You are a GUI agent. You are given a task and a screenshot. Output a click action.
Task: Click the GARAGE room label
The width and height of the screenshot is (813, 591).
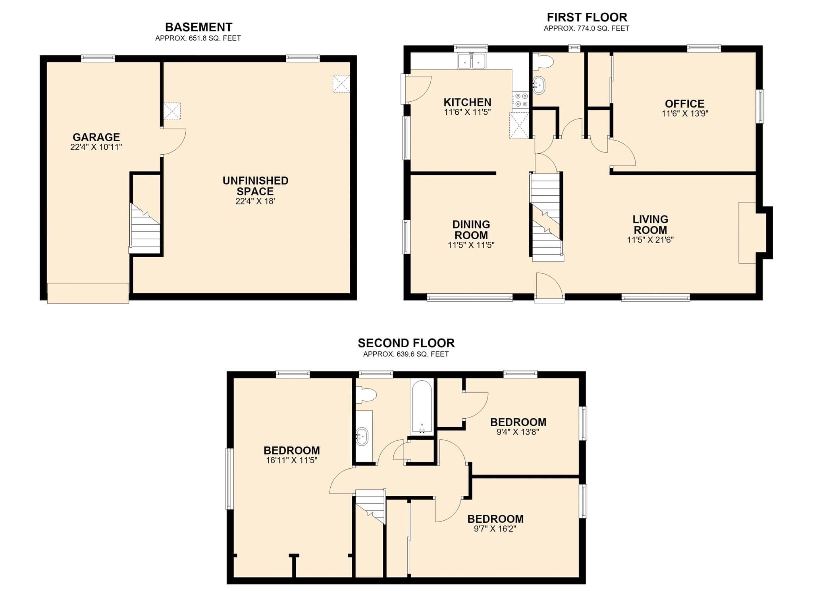96,137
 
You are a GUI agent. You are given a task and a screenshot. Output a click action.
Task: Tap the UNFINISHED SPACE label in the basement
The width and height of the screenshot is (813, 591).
255,186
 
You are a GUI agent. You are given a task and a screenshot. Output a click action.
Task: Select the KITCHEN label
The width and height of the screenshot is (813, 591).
467,102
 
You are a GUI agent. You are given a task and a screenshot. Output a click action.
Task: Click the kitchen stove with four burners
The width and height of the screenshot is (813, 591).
520,100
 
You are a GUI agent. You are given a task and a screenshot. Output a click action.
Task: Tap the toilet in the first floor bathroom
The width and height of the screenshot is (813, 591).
543,62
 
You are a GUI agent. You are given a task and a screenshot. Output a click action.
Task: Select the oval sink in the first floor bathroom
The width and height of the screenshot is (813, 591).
539,85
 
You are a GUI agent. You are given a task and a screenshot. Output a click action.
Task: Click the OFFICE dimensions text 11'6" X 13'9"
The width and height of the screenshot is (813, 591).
685,114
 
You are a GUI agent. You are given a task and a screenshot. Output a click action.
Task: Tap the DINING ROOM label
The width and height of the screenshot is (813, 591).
471,229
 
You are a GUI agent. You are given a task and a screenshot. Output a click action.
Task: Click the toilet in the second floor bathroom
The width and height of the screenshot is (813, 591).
366,395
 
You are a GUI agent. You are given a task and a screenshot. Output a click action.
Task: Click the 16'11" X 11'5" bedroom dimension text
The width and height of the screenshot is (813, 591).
292,460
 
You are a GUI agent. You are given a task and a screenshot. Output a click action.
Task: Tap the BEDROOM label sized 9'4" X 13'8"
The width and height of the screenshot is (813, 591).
518,422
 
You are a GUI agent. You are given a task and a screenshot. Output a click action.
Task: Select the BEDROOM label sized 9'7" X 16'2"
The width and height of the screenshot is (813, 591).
495,519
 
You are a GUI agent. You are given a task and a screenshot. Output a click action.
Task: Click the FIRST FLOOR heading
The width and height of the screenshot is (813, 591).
587,17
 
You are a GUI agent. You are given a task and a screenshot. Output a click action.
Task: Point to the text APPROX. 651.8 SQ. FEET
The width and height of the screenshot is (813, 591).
198,39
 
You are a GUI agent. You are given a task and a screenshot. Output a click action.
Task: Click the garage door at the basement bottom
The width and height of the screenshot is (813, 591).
88,293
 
